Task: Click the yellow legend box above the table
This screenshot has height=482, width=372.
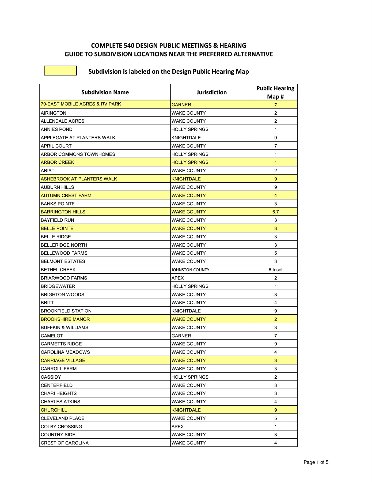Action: (60, 71)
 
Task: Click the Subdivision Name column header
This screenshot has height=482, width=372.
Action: (105, 92)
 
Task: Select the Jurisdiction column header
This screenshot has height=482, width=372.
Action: (211, 92)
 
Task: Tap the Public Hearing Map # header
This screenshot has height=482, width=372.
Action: (275, 92)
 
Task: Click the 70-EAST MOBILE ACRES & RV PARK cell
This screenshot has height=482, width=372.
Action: (81, 104)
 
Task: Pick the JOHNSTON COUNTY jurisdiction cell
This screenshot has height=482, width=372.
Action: (190, 270)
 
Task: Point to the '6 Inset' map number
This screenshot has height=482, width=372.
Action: (275, 270)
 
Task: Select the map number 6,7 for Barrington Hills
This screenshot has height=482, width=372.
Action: (275, 212)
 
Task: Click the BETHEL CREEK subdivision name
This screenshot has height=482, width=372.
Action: (58, 270)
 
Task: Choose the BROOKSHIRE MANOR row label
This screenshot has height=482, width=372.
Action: (65, 319)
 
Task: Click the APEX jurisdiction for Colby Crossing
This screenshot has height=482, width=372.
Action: (178, 427)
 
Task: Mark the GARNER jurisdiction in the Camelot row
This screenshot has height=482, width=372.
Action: (181, 336)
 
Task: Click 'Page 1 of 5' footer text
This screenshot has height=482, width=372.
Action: (316, 462)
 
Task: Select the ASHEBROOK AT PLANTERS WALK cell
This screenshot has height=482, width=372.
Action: (79, 179)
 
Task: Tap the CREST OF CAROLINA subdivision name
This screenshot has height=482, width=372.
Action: (64, 443)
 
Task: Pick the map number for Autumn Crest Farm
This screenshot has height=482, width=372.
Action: (275, 196)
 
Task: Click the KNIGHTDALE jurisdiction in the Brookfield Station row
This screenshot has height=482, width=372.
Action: (186, 311)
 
